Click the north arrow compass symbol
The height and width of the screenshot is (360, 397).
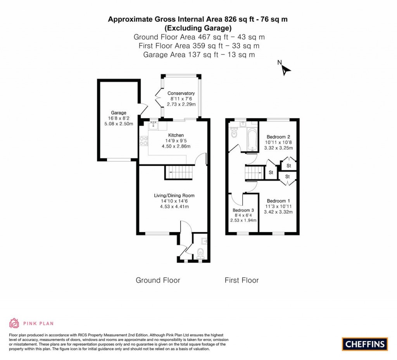pos(286,70)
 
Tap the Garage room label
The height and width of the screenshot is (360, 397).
pos(119,113)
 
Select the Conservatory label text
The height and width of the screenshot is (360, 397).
pos(181,93)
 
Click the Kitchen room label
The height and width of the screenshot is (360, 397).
pos(176,135)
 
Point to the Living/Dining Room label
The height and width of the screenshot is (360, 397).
pos(174,196)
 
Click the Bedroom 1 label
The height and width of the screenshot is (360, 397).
pos(278,201)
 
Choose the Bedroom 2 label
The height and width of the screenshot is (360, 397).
pos(278,137)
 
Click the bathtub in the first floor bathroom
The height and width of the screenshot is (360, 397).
pos(252,140)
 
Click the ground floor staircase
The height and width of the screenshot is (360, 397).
pos(179,172)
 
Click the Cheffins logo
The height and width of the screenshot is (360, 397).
pos(365,344)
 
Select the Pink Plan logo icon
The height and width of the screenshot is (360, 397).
pos(14,323)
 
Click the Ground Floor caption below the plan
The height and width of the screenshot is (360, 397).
pos(158,280)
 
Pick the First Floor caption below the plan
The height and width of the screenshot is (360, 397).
pos(242,280)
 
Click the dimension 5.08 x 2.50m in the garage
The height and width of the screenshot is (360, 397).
pos(119,124)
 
